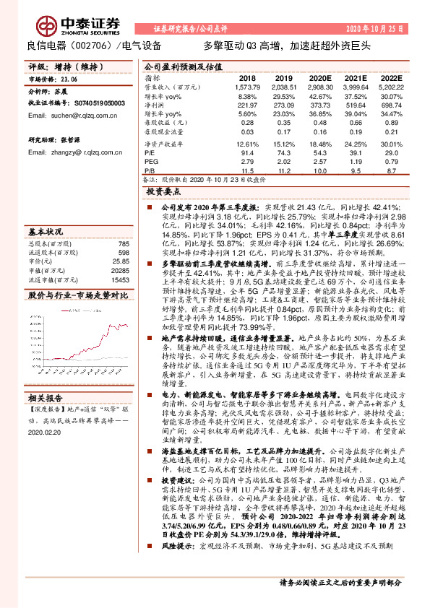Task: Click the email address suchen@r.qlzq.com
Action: tap(59, 115)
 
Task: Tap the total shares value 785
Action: tap(124, 244)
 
